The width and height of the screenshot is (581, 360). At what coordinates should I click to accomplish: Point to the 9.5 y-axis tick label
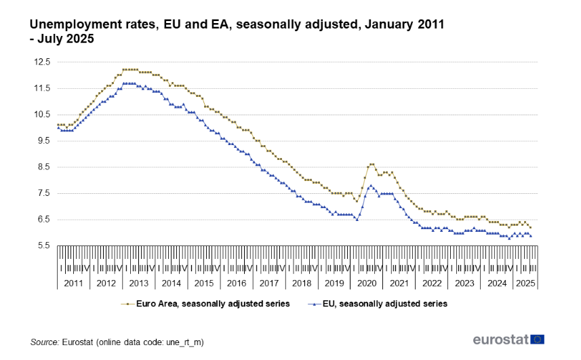coord(44,141)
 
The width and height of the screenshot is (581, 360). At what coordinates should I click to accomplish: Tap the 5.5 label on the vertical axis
coord(44,246)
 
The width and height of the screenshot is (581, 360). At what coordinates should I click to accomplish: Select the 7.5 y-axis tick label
coord(44,193)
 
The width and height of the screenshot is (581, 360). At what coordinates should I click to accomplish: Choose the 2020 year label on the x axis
coord(367,283)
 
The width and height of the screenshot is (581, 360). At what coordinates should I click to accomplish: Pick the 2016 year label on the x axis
coord(236,283)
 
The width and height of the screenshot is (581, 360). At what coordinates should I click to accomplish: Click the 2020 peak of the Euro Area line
coord(372,164)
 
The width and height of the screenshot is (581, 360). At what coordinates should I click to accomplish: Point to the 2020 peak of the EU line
coord(370,185)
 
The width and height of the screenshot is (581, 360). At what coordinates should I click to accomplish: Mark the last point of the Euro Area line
coord(531,227)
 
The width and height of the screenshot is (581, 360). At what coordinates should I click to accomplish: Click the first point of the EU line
coord(58,127)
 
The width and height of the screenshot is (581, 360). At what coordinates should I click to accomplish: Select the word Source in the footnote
coord(44,343)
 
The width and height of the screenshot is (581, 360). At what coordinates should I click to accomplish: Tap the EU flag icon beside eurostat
coord(538,339)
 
